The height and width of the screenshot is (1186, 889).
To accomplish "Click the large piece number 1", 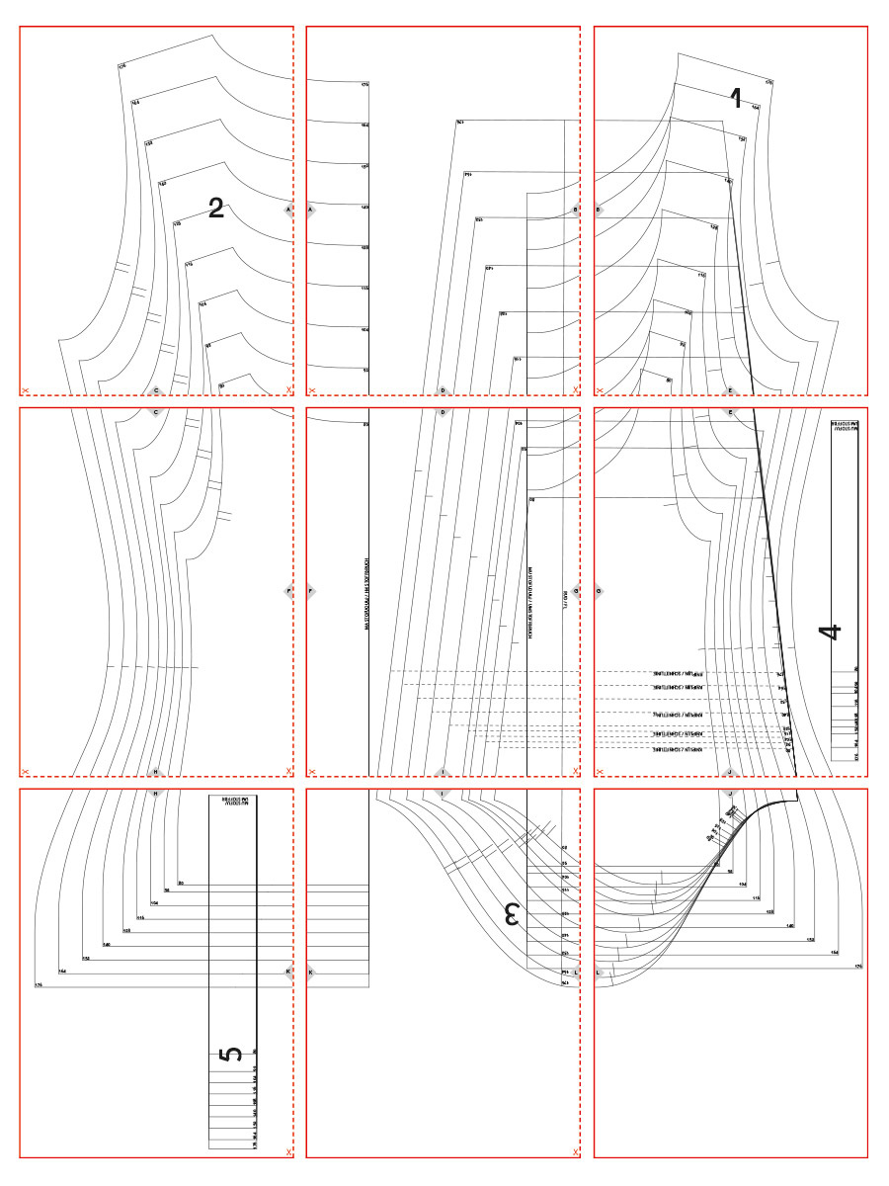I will [735, 98].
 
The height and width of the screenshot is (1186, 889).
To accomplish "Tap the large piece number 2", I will [216, 208].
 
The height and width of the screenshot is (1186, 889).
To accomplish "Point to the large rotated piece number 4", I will [835, 631].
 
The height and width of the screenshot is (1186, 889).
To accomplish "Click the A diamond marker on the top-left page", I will [287, 210].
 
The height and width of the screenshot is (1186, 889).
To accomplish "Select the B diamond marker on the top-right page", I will [599, 210].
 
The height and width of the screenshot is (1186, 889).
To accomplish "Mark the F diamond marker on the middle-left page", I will [287, 592].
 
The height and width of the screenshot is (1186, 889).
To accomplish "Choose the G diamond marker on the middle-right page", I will [599, 592].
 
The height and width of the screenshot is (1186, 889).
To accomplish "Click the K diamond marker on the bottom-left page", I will [287, 972].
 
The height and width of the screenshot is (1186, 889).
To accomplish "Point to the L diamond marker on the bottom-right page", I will [599, 972].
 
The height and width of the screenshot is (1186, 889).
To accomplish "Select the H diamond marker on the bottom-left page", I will [155, 792].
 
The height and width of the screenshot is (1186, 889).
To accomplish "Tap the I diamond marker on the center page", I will [443, 792].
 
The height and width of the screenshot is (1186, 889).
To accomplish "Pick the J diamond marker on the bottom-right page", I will [730, 792].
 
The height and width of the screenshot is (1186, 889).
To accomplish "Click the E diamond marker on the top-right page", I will [730, 390].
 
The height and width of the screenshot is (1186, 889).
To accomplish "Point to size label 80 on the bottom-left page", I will [181, 882].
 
